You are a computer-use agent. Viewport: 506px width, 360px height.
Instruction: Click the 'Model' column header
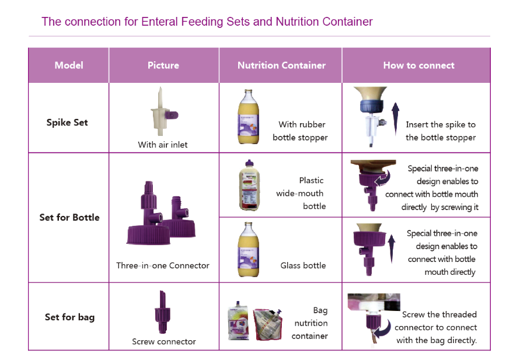tap(69, 65)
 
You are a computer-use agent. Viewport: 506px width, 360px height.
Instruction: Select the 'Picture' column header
tap(163, 65)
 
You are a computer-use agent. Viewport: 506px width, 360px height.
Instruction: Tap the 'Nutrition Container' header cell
tap(281, 65)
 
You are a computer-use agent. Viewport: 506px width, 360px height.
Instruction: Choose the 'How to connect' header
tap(418, 65)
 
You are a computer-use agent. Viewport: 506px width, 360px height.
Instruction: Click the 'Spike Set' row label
tap(68, 123)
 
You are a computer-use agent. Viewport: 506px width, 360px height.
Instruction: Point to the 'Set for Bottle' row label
tap(69, 218)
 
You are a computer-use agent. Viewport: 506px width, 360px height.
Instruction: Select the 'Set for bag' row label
tap(69, 317)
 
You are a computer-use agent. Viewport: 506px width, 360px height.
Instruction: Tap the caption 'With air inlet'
tap(163, 145)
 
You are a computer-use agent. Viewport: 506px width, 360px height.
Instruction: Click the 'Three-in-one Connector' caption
tap(163, 265)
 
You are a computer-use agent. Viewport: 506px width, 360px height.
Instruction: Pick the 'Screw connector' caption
tap(164, 341)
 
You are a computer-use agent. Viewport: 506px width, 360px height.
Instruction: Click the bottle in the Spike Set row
tap(247, 117)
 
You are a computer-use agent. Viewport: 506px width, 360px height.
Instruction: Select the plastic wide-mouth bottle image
tap(249, 184)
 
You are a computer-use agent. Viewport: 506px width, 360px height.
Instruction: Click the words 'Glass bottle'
tap(303, 265)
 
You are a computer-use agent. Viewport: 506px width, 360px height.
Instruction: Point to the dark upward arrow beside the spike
tap(395, 117)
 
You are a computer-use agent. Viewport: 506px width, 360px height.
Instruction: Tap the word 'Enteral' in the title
tap(162, 22)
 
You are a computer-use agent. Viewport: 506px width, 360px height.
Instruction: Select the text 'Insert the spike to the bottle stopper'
tap(441, 131)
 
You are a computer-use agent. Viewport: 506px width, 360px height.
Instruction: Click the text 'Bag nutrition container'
tap(311, 323)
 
